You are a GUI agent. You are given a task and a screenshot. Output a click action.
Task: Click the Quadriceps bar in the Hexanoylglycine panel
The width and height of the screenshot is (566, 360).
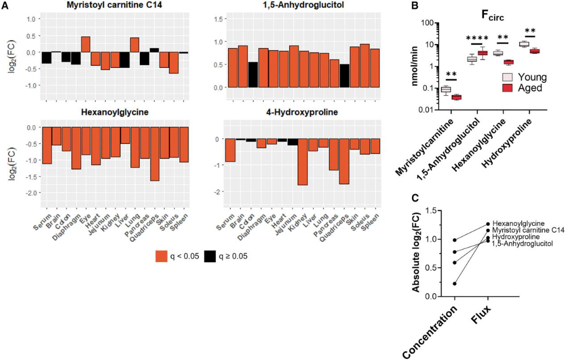[x=154, y=153]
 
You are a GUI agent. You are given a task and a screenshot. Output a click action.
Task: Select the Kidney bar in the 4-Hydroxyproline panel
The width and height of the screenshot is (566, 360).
[x=302, y=162]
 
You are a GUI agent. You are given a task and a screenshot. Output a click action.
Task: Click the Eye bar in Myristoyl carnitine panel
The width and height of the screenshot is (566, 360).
[x=86, y=44]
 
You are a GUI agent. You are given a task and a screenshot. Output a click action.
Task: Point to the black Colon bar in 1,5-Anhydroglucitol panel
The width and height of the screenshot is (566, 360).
[x=253, y=75]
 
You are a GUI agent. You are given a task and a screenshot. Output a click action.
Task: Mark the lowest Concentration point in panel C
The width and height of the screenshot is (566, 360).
[x=454, y=284]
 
